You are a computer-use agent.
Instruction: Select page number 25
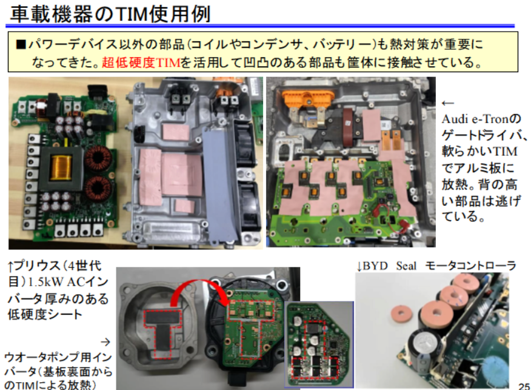tap(524, 386)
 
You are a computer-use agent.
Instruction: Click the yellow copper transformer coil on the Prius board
tap(61, 167)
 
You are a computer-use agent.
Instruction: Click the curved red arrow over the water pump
tap(196, 287)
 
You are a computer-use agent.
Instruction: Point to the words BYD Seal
tap(389, 266)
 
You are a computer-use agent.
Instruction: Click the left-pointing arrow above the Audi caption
tap(448, 103)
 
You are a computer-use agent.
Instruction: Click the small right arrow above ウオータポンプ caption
tap(105, 342)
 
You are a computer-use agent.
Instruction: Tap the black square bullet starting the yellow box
tap(21, 44)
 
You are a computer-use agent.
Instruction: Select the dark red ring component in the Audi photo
tap(349, 124)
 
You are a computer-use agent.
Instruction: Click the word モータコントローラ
tap(471, 266)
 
